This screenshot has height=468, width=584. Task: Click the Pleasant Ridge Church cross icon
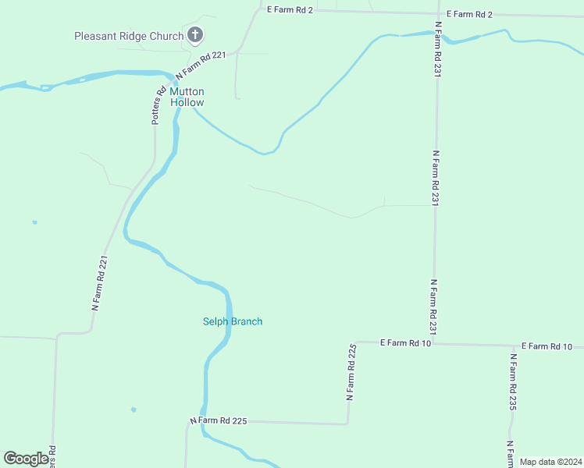[195, 35]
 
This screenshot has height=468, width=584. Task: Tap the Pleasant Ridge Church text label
[129, 36]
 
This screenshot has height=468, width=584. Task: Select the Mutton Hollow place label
[187, 97]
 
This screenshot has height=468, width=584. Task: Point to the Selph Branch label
[233, 321]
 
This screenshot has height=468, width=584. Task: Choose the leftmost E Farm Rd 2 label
[290, 9]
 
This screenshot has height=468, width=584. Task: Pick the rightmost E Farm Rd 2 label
[470, 14]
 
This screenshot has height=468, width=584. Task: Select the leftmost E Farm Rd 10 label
[405, 342]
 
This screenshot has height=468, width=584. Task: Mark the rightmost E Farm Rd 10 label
[547, 346]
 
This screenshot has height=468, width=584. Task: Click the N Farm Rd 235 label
[514, 382]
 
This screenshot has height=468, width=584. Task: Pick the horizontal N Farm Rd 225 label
[218, 420]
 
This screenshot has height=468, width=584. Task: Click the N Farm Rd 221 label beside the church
[201, 66]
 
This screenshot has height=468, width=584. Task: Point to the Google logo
[26, 459]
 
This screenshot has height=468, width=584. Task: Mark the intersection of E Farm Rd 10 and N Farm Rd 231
[434, 343]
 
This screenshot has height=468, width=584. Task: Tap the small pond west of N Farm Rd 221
[34, 222]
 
